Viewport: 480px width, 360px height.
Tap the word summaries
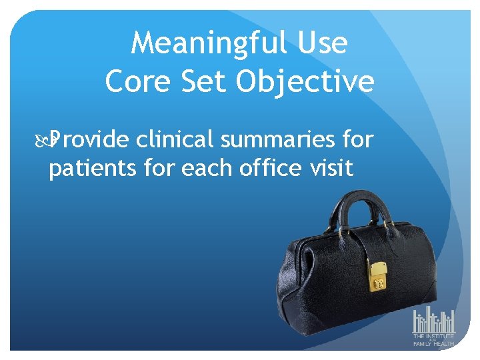[283, 141]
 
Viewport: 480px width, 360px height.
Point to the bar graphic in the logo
[433, 321]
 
